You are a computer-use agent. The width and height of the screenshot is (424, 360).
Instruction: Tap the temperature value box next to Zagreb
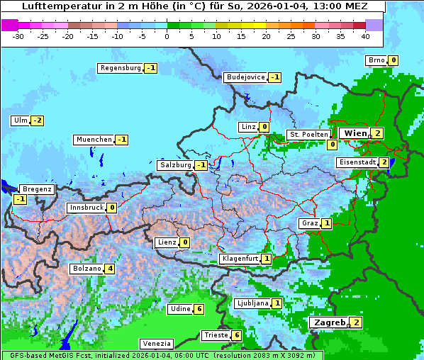[x=356, y=322]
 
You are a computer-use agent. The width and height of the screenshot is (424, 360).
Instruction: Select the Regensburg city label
[x=121, y=68]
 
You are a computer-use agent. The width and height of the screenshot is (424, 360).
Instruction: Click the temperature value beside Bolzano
[x=109, y=269]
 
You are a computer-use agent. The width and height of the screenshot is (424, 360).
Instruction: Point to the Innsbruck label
[x=86, y=208]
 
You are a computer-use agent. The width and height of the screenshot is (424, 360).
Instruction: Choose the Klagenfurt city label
[x=239, y=259]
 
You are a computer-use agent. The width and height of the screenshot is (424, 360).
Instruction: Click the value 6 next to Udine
[x=199, y=309]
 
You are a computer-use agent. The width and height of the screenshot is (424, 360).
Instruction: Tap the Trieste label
[x=216, y=335]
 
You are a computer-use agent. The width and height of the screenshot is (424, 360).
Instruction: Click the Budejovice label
[x=245, y=77]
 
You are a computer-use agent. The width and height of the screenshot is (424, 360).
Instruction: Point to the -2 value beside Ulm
[x=38, y=120]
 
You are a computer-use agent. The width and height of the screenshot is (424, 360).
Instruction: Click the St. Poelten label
[x=308, y=134]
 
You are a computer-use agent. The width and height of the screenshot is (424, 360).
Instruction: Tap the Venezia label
[x=155, y=343]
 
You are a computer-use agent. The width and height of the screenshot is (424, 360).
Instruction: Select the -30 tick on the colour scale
[x=19, y=35]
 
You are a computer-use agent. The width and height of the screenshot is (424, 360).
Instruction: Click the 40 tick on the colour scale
[x=365, y=35]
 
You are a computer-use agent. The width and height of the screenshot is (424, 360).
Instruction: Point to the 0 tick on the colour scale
[x=167, y=35]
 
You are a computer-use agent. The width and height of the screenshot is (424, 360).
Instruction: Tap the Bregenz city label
[x=37, y=189]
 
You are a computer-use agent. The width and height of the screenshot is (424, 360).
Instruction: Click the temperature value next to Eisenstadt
[x=384, y=162]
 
